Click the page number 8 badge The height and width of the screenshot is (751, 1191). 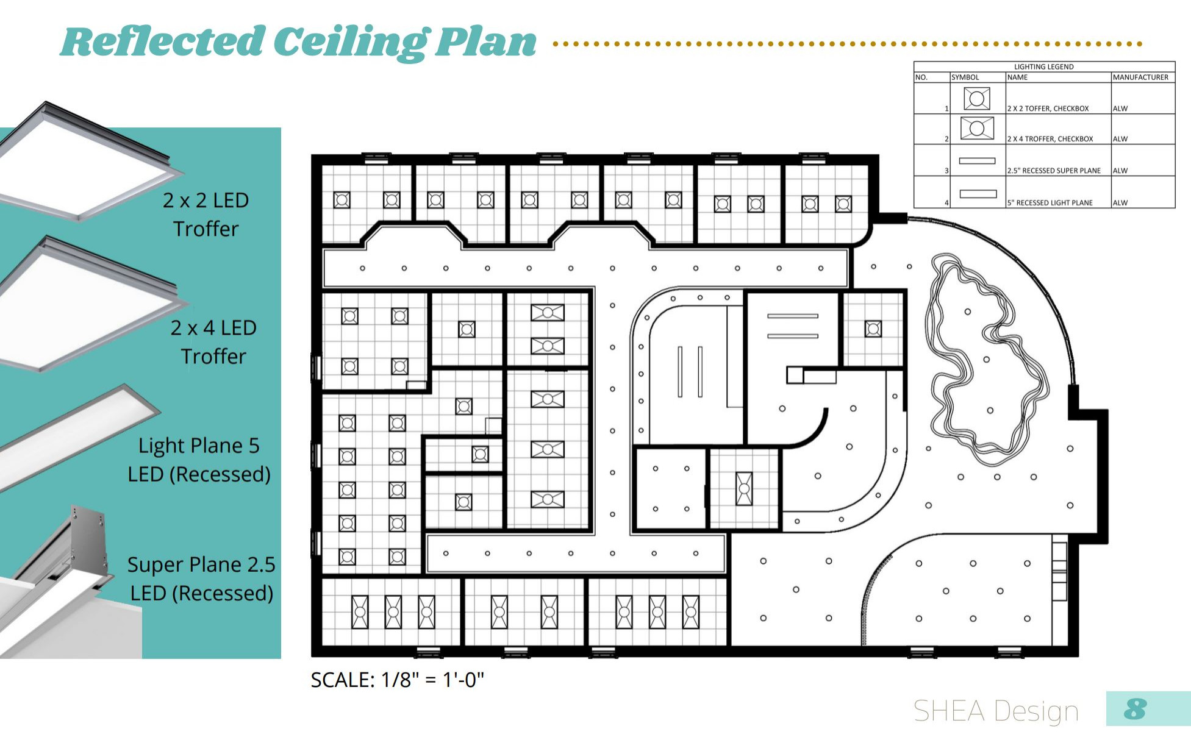point(1135,709)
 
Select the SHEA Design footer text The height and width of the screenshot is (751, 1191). point(996,711)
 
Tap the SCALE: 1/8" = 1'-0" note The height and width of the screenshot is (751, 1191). point(397,680)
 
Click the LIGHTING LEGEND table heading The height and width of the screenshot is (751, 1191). point(1043,66)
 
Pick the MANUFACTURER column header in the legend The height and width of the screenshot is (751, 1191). point(1140,77)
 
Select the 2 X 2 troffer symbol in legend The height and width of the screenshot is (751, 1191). point(976,98)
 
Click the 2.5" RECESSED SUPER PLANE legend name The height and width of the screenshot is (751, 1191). point(1054,171)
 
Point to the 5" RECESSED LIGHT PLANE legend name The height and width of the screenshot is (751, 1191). point(1050,203)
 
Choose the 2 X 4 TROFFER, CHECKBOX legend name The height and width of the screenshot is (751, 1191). point(1050,139)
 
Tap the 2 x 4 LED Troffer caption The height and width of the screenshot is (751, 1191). point(213,341)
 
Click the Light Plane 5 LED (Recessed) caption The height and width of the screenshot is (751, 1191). point(199,459)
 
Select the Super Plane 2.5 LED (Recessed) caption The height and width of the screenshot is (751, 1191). point(201,578)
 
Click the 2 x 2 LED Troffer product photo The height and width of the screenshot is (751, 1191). point(85,165)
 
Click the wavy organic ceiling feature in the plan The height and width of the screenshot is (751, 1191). point(985,360)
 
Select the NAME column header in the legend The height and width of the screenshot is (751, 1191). point(1017,77)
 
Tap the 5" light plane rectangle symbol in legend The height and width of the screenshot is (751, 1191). point(978,194)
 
